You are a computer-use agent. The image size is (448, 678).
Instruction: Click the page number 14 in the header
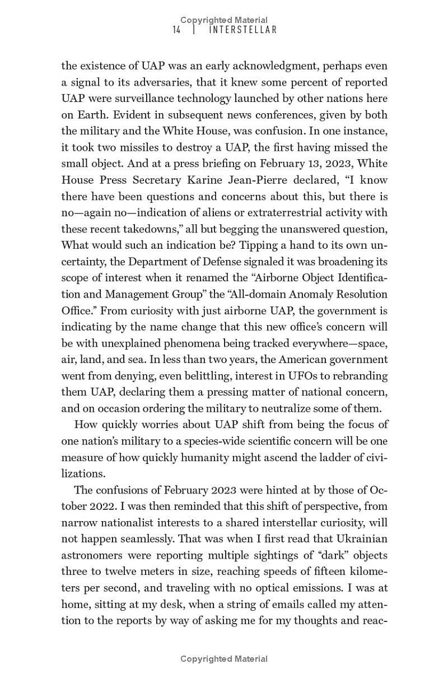click(x=176, y=30)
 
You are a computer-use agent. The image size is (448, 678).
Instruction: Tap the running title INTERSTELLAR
click(x=243, y=30)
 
